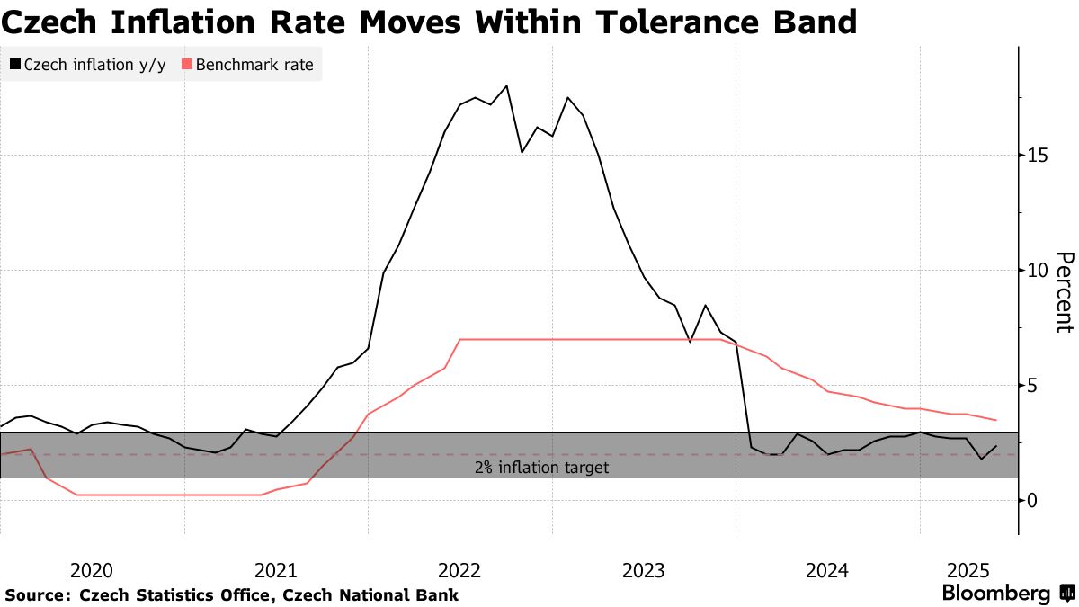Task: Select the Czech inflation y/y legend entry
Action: (87, 65)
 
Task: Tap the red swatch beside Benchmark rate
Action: (187, 65)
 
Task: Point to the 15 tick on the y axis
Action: (1039, 155)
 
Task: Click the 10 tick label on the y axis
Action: (1039, 270)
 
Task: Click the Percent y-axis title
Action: (1064, 292)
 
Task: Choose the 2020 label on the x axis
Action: (91, 570)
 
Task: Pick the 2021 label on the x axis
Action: (276, 570)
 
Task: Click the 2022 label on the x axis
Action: (460, 570)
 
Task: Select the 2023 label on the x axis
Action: (644, 570)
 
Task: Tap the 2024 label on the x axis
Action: (828, 570)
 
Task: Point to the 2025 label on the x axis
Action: (968, 570)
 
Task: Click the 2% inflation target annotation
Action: (541, 468)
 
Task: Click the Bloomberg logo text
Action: (995, 594)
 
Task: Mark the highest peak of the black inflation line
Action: (506, 85)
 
